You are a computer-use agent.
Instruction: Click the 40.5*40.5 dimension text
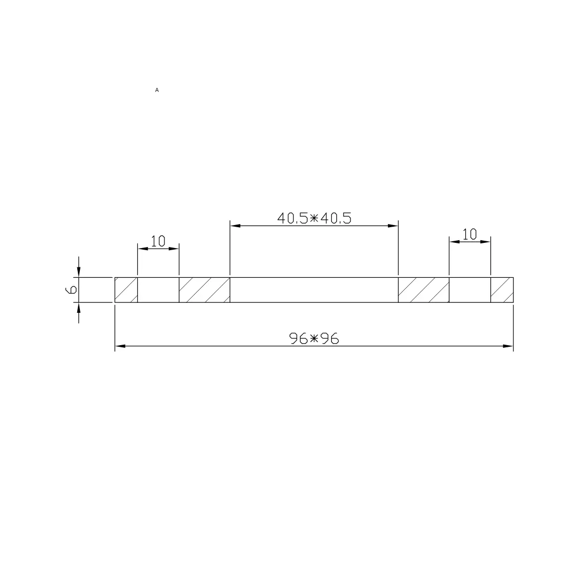pos(314,218)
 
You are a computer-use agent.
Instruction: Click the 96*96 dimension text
pos(314,339)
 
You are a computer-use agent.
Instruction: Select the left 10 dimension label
pos(158,241)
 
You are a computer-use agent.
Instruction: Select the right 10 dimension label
pos(470,234)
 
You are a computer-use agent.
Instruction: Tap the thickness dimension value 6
pos(72,289)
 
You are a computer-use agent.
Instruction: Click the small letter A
pos(157,90)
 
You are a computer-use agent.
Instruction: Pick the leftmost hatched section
pos(126,290)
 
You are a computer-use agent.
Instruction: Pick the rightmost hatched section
pos(502,290)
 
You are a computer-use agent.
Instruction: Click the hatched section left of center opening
pos(204,290)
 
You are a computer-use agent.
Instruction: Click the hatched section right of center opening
pos(424,290)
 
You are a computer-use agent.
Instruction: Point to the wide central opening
pos(314,290)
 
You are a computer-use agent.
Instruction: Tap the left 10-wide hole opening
pos(158,290)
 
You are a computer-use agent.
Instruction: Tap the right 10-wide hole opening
pos(470,290)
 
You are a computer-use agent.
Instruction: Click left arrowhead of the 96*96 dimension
pos(120,346)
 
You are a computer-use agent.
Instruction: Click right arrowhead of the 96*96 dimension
pos(509,346)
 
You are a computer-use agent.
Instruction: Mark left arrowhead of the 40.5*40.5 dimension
pos(235,226)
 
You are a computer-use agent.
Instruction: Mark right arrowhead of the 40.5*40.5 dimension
pos(393,226)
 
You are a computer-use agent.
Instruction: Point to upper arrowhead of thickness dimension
pos(79,272)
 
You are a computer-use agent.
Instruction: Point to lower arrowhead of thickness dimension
pos(79,308)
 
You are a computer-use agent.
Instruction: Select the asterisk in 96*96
pos(314,339)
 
